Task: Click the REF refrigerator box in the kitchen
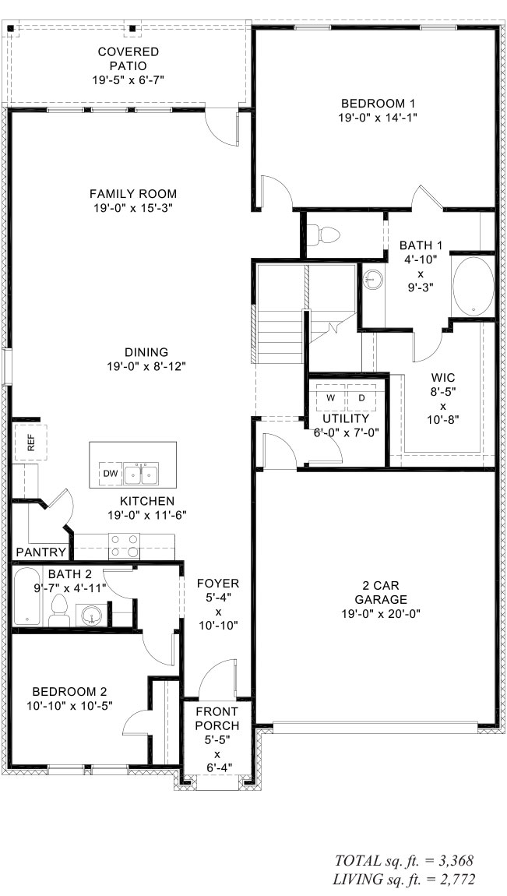31,443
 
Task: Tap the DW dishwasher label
108,473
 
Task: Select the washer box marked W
330,397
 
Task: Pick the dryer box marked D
361,397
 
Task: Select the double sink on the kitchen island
143,473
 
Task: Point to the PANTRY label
40,552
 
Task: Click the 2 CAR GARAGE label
381,592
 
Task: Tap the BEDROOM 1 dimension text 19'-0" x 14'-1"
378,118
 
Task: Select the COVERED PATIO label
129,58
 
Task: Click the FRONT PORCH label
217,718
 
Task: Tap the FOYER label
217,583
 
